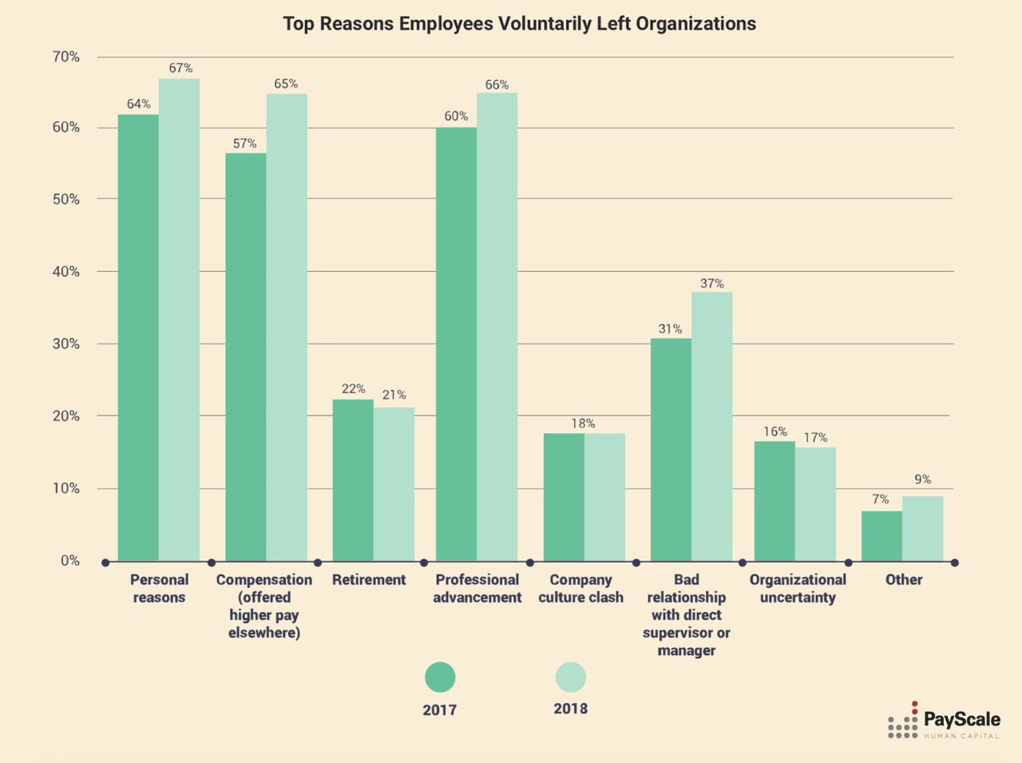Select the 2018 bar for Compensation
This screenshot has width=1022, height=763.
point(287,328)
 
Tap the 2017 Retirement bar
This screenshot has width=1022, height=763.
point(353,479)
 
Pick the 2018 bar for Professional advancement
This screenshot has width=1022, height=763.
point(497,327)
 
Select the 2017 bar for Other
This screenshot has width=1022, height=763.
point(881,536)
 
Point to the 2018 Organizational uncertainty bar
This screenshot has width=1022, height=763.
point(815,504)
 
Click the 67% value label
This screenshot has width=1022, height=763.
point(180,69)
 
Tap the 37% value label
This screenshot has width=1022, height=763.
point(711,284)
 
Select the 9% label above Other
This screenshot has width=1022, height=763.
point(922,479)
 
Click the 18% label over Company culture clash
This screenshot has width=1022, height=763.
point(583,423)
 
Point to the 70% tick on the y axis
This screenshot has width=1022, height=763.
point(65,57)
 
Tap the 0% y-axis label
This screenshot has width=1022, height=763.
point(69,561)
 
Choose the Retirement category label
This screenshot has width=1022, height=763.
point(369,580)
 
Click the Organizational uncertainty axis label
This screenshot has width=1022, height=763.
point(798,588)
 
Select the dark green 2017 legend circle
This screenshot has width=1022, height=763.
point(440,678)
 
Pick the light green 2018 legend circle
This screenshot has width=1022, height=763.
point(570,678)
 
